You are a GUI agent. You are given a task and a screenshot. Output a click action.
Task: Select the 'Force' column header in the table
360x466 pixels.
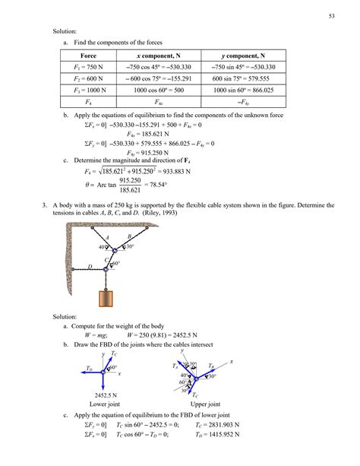93,55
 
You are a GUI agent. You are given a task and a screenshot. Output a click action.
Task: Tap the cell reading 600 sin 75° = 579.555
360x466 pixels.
242,78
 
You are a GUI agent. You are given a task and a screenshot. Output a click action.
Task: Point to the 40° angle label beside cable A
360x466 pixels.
102,247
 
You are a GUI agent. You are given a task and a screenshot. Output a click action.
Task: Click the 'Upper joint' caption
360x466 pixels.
205,404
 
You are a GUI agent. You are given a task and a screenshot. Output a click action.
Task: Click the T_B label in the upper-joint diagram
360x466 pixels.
212,366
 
